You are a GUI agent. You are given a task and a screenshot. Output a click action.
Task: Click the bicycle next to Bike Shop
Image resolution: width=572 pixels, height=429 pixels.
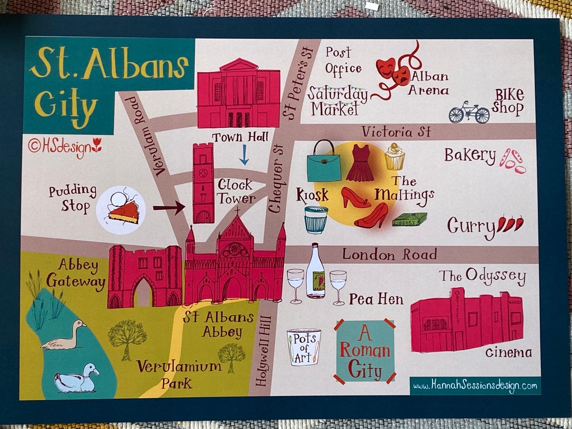[469, 112]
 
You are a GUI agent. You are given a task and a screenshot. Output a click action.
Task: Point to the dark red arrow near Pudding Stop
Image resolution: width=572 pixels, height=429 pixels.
[169, 207]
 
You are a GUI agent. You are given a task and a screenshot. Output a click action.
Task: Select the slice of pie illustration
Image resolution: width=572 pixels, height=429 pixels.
[124, 211]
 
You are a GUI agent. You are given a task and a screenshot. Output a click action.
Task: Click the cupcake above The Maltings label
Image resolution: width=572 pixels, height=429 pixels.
[395, 157]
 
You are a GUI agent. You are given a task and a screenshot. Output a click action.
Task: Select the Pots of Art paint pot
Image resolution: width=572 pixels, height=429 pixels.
[304, 347]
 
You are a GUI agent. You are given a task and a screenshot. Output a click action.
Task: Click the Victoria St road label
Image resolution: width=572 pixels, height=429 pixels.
[396, 131]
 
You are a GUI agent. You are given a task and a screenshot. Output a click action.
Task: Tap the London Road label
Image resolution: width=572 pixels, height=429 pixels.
[389, 254]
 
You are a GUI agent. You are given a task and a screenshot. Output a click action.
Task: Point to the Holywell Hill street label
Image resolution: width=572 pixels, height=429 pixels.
[263, 351]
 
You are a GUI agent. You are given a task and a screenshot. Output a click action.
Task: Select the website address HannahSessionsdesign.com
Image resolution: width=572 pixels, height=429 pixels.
[475, 386]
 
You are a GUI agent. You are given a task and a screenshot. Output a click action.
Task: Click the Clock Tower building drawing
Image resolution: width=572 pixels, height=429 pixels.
[203, 183]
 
